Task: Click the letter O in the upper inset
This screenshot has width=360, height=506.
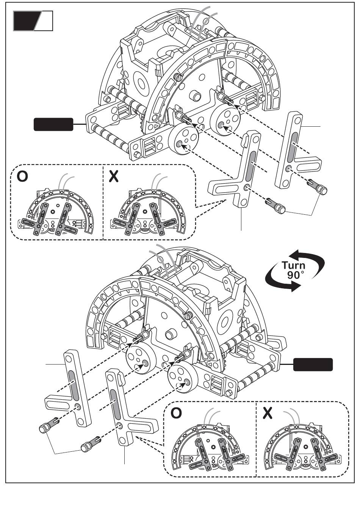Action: pos(22,176)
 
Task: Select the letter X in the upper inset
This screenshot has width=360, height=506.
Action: pos(113,176)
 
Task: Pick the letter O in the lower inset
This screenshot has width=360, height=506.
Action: pos(176,413)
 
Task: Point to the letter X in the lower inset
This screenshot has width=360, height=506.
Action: pos(268,413)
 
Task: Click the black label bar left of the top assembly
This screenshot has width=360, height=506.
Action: pos(53,124)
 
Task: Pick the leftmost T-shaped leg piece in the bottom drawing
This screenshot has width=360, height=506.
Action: pos(72,391)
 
